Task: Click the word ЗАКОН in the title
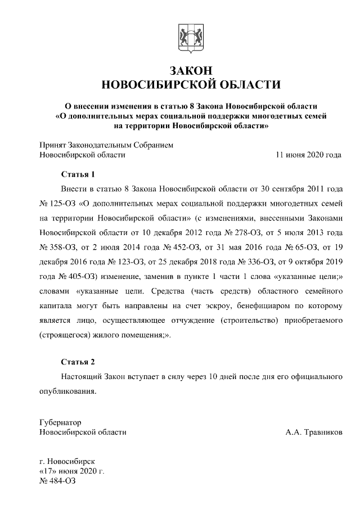[190, 70]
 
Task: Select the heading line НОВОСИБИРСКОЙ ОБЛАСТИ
[190, 85]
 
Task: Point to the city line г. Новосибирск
[68, 461]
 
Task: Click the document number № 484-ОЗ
[57, 481]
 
